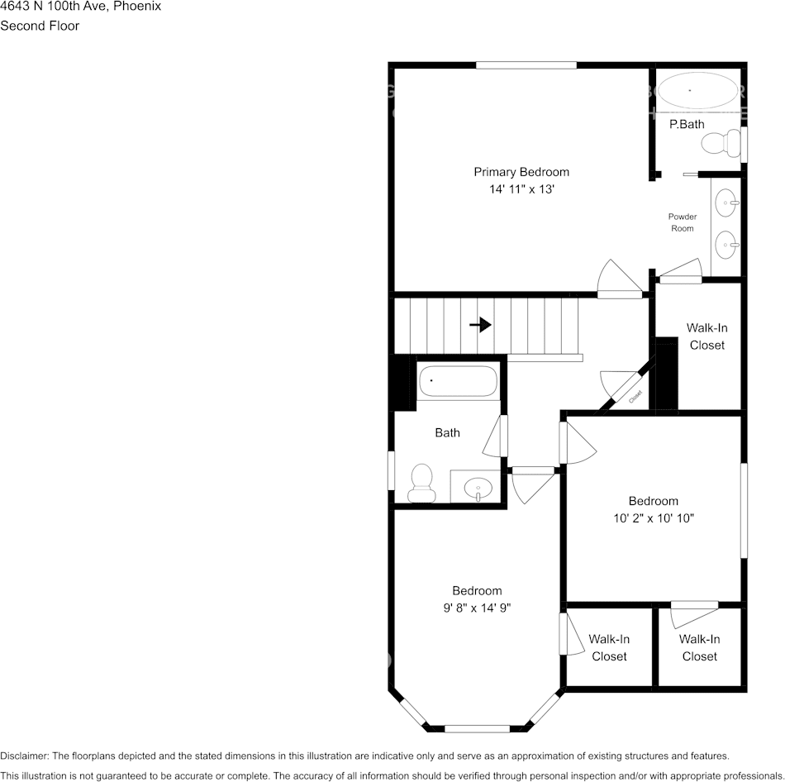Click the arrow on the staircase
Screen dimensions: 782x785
[x=480, y=325]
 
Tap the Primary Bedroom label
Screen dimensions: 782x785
[x=521, y=172]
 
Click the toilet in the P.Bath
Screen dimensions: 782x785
[x=721, y=145]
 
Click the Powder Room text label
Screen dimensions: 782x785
[x=683, y=222]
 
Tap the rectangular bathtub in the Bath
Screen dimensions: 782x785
[x=458, y=381]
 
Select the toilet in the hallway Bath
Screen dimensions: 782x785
[x=421, y=483]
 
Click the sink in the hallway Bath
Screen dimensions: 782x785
[x=477, y=488]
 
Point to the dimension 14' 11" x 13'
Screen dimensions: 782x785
[x=521, y=189]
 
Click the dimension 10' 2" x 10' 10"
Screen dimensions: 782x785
[x=653, y=518]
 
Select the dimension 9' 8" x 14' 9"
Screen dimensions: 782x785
[x=477, y=608]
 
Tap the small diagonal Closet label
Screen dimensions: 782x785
[x=635, y=396]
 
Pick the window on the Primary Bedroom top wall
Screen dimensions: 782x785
[x=526, y=65]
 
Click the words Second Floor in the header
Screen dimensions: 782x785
[x=40, y=26]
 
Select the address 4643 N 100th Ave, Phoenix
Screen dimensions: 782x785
[x=80, y=7]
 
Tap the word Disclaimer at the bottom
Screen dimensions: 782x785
[x=24, y=756]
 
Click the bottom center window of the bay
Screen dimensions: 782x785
[x=477, y=728]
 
